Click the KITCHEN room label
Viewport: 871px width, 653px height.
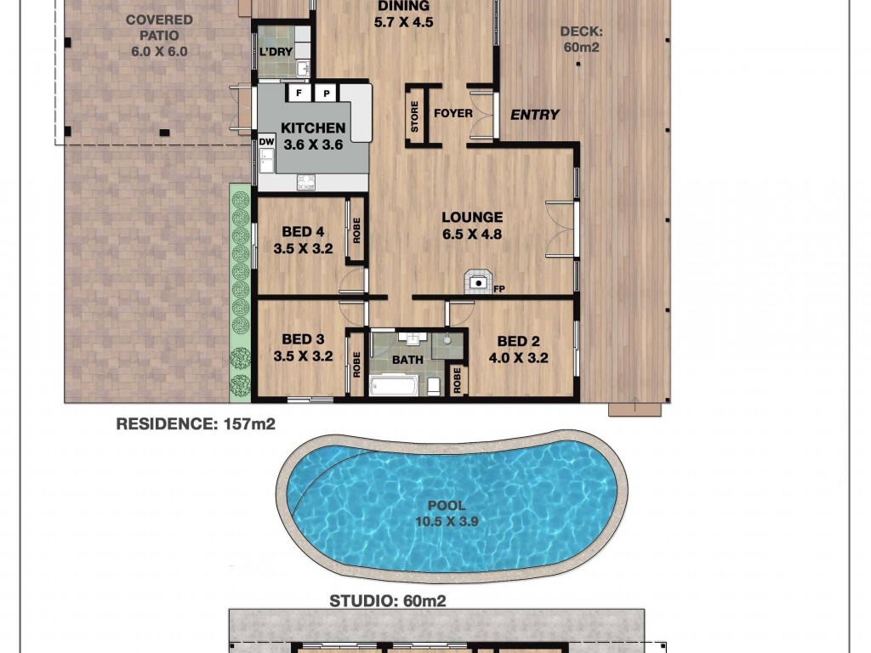click(x=313, y=128)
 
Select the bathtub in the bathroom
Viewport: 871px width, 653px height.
click(x=394, y=385)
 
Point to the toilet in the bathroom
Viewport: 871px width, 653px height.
click(x=434, y=386)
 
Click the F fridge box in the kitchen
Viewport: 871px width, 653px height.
click(x=299, y=93)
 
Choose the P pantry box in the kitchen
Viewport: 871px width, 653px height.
click(x=326, y=94)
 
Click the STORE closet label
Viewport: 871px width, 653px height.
click(x=414, y=116)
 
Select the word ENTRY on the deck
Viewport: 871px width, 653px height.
click(x=535, y=115)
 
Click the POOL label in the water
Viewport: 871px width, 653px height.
click(x=447, y=505)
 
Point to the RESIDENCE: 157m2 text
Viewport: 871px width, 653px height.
click(x=196, y=424)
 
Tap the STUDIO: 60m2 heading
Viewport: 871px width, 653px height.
click(x=388, y=601)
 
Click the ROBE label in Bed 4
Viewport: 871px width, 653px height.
click(x=356, y=230)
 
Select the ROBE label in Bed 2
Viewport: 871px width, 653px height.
click(x=457, y=380)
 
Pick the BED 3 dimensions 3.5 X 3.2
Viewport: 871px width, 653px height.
click(x=303, y=356)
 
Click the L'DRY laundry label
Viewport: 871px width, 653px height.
click(x=276, y=52)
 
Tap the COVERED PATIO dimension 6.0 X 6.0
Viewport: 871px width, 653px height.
click(x=159, y=52)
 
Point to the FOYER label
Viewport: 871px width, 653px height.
click(x=453, y=113)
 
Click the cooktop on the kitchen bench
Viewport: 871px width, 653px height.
click(x=306, y=182)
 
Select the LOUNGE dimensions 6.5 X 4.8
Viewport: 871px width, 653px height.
click(x=472, y=235)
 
